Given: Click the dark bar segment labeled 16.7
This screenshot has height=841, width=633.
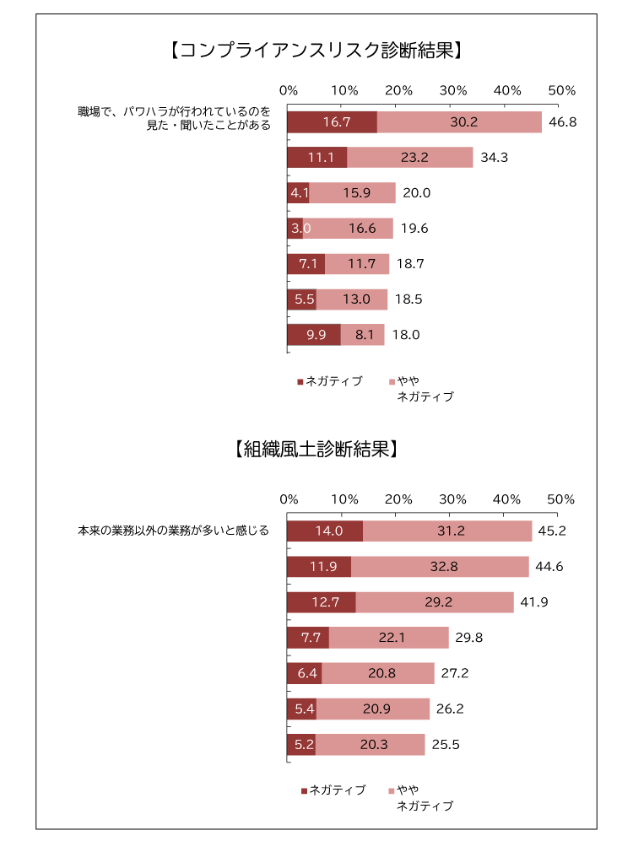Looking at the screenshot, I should [332, 122].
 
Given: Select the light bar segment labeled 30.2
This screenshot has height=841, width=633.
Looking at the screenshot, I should [459, 122].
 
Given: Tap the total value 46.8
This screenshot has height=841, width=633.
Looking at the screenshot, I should [562, 122].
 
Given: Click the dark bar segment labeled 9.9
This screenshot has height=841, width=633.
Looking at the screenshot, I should [313, 335].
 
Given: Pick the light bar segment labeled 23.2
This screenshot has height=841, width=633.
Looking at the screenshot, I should [409, 158].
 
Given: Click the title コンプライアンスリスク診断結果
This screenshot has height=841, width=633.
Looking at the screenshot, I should [315, 51].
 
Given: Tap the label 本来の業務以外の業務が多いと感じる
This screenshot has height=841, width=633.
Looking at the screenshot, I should [173, 531].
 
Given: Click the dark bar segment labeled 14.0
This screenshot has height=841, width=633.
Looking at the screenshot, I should [325, 531].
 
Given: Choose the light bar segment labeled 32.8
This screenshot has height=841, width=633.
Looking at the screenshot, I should [440, 567].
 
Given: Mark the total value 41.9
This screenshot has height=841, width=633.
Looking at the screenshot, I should [533, 602].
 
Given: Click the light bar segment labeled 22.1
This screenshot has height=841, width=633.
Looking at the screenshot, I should [388, 638].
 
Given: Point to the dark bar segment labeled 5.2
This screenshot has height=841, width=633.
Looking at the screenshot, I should [301, 745].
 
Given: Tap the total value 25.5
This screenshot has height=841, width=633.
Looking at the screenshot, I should [446, 745].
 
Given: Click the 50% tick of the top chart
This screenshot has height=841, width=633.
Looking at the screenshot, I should [561, 90].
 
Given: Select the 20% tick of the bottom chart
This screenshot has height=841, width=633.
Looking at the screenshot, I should [398, 499].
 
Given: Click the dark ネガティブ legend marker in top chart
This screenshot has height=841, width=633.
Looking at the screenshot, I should [300, 382].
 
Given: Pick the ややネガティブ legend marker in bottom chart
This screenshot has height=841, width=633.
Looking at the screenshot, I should [391, 791].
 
